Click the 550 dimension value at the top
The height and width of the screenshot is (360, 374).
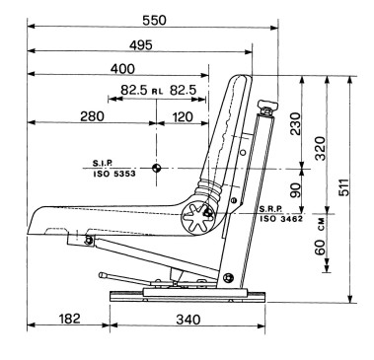154,21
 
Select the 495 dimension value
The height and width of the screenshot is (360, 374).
141,45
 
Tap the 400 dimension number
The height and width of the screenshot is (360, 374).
122,69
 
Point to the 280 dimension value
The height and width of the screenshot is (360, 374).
92,116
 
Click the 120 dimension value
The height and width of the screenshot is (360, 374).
182,116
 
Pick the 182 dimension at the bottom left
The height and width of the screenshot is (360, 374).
69,319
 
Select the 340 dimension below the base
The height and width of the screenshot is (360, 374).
187,320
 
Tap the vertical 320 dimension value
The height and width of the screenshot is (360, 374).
320,148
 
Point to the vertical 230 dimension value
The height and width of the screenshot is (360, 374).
295,123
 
